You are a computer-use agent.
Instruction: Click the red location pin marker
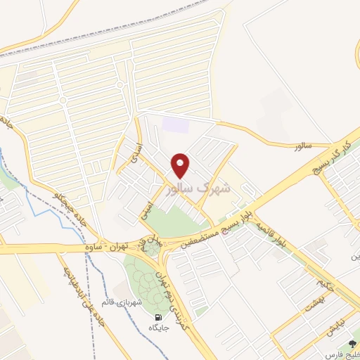(x=181, y=166)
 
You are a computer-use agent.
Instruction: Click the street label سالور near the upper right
(x=302, y=146)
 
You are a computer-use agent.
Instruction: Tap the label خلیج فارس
(x=345, y=354)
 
